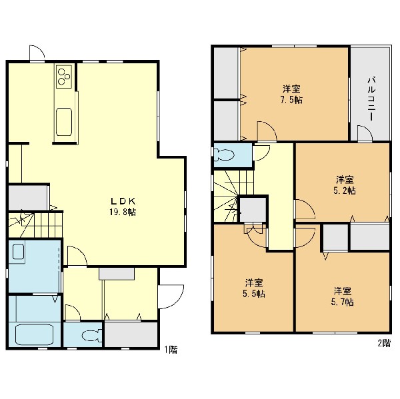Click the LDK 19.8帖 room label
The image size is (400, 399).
pos(123,206)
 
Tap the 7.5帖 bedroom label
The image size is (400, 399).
pos(291,95)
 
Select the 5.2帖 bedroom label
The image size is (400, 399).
pos(345,185)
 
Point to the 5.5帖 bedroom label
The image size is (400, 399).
pos(254,288)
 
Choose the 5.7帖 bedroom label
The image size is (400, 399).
pos(343,296)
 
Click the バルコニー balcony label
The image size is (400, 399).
pos(371,99)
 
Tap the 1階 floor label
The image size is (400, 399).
pos(171,350)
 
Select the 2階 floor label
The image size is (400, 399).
pos(384,343)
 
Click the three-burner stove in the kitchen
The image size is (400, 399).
pos(64,77)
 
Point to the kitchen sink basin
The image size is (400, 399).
pos(64,122)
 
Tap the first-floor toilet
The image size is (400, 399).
pos(93,335)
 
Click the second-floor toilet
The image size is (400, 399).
pos(225,155)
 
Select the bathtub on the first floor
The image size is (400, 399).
pos(34,334)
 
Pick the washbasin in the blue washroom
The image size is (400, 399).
pos(18,252)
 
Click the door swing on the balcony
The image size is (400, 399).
pos(365,133)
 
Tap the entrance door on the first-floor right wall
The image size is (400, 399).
pos(171,296)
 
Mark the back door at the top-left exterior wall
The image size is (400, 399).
pos(37,53)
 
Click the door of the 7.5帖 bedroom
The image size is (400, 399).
pos(267,131)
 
